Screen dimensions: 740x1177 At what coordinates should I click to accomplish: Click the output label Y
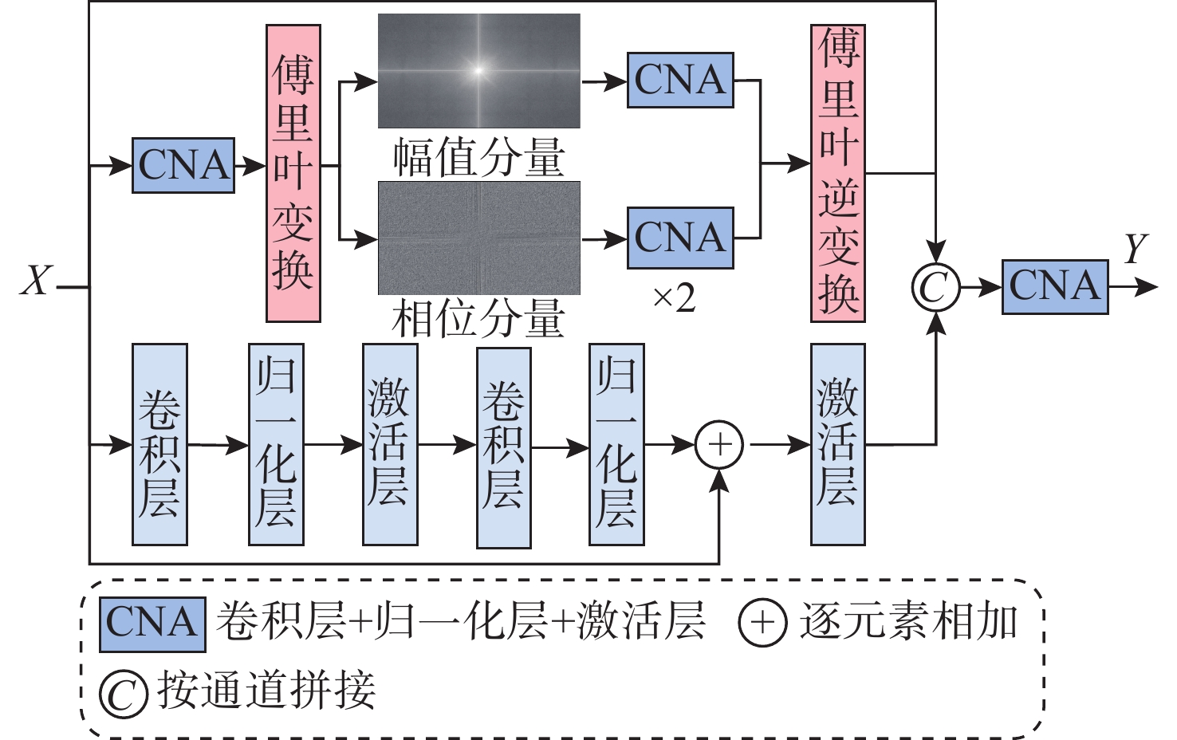point(1136,250)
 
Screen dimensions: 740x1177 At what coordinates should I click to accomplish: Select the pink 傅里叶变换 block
point(293,173)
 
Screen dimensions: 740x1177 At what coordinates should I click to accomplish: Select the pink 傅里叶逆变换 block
point(838,173)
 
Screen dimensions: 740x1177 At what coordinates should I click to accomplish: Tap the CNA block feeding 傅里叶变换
point(183,166)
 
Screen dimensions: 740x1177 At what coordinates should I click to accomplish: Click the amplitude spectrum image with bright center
point(478,70)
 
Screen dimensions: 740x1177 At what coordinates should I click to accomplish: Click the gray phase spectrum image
point(478,238)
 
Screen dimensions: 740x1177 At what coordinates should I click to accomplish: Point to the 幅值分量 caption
point(479,157)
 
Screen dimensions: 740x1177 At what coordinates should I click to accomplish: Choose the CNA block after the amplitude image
point(680,81)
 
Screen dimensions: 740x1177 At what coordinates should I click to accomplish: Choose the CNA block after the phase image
point(680,238)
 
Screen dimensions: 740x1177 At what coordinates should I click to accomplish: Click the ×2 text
point(674,299)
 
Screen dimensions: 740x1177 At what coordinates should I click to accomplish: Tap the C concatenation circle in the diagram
point(935,287)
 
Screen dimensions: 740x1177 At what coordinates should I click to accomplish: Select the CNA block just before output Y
point(1055,286)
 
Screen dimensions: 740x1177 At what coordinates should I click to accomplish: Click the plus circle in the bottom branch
point(719,445)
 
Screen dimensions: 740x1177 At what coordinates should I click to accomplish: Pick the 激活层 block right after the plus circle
point(838,444)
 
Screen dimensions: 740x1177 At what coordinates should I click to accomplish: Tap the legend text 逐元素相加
point(909,622)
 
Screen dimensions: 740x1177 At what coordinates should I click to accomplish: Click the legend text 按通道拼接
point(266,691)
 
